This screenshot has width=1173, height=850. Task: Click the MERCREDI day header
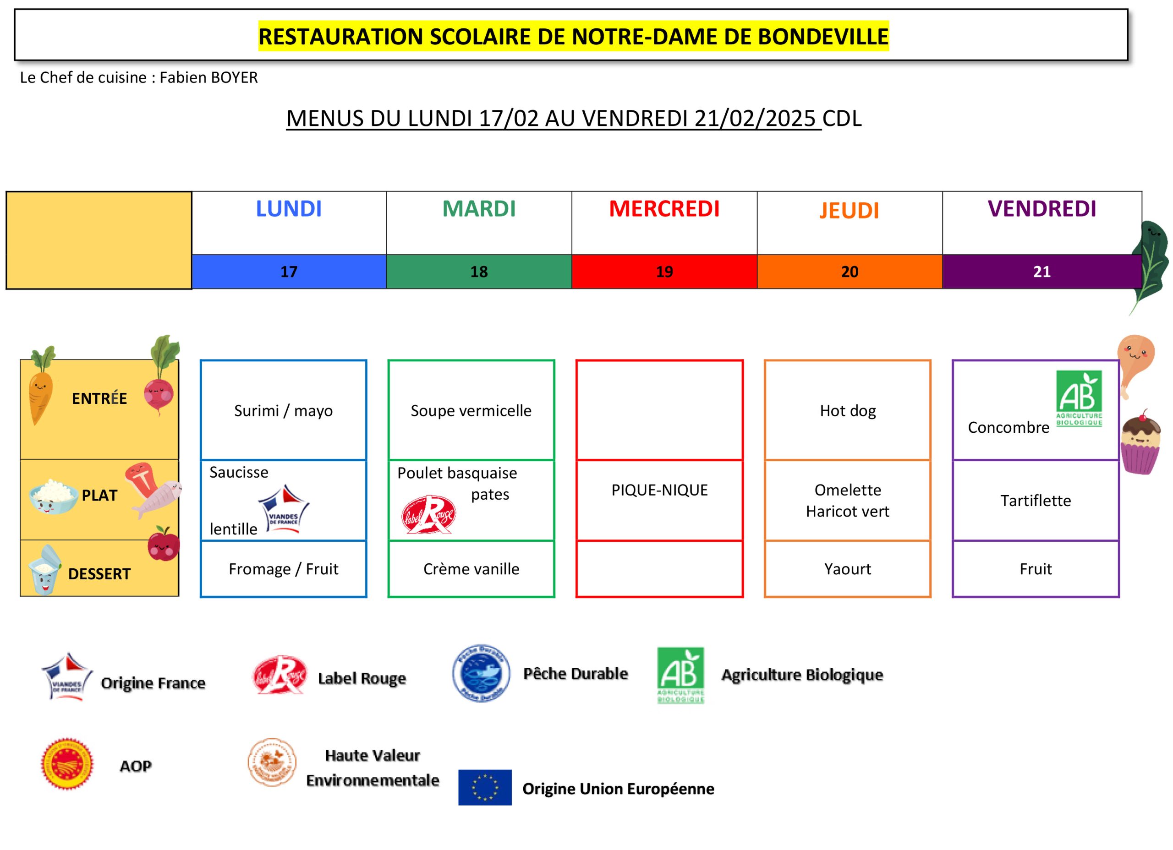pos(664,208)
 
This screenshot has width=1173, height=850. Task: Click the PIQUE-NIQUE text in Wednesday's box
pos(659,490)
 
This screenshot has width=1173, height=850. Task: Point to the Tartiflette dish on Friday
pos(1036,501)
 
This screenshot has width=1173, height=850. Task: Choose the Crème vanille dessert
pos(471,569)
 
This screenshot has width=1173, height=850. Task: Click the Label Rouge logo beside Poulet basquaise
pos(428,514)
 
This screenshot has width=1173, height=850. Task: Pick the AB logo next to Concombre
pos(1079,398)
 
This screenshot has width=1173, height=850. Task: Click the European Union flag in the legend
pos(485,787)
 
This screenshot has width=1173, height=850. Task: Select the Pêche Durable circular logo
pos(481,673)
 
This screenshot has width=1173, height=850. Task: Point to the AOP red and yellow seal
pos(67,764)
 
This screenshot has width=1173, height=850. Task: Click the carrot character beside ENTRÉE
pos(41,386)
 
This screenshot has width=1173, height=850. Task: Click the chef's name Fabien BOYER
pos(208,77)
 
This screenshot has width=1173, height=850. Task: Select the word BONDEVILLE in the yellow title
pos(823,37)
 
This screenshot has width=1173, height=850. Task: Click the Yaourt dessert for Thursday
pos(848,569)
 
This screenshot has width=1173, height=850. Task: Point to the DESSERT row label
pos(99,574)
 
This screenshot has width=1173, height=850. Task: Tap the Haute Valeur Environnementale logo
pos(272,762)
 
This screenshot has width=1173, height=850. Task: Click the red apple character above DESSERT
pos(164,544)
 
